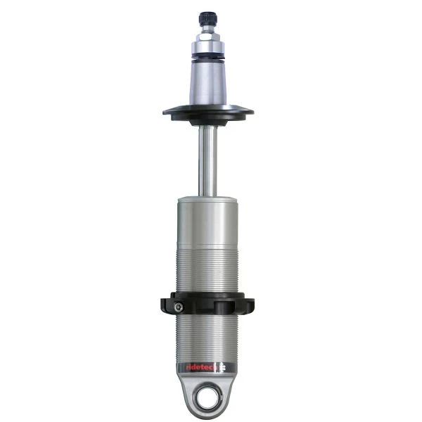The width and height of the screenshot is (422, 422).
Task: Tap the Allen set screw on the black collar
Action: [x=179, y=306]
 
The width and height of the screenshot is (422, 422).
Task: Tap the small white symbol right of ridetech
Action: [x=223, y=366]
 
